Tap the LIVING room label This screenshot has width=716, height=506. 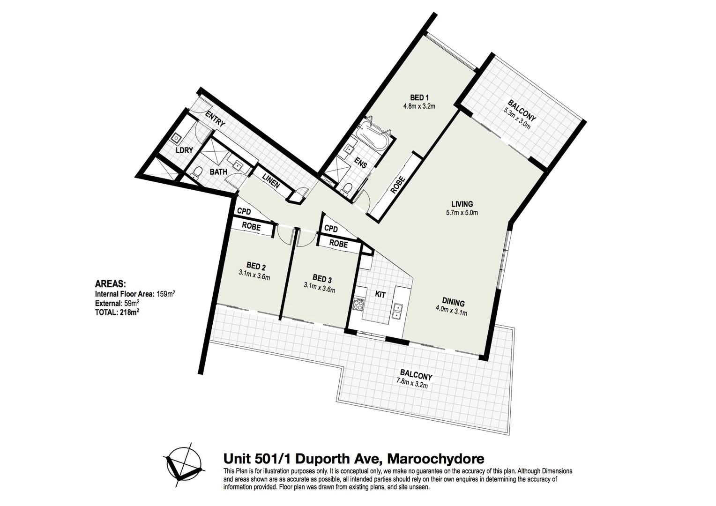[x=462, y=204]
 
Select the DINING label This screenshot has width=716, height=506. [x=453, y=302]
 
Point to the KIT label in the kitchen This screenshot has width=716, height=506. [x=380, y=295]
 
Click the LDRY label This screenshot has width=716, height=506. [x=184, y=150]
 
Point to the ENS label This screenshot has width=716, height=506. [x=361, y=162]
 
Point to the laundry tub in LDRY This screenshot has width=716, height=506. [x=177, y=138]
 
